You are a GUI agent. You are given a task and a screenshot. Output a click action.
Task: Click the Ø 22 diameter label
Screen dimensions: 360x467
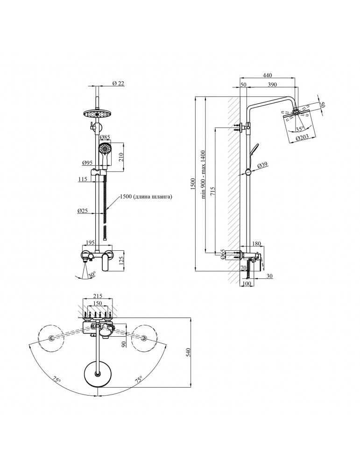[x=118, y=84]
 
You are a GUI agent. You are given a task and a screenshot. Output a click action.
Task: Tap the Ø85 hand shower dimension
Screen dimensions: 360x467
[x=105, y=137]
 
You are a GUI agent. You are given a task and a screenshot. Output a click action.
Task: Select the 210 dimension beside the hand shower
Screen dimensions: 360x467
[x=121, y=157]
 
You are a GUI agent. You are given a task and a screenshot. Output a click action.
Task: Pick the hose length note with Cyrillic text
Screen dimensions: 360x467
[x=146, y=197]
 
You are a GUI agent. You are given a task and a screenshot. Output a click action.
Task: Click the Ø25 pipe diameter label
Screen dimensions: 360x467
[x=83, y=211]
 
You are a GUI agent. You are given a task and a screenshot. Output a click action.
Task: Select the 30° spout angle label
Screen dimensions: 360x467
[x=92, y=274]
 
